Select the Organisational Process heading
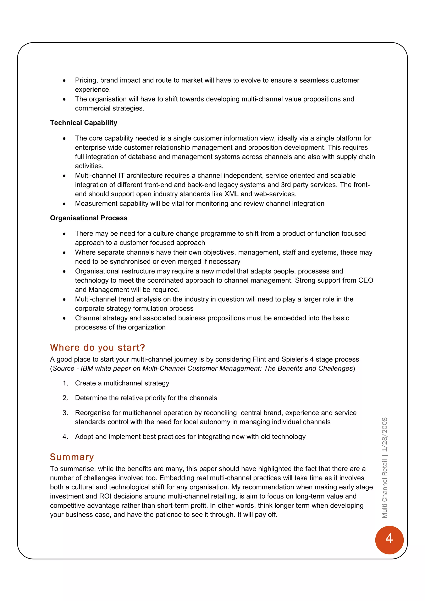click(89, 218)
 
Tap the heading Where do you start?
click(97, 348)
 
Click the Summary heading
click(72, 457)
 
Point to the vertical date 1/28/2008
click(385, 435)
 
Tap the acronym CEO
click(366, 280)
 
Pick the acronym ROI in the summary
click(105, 496)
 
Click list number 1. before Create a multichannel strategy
click(65, 383)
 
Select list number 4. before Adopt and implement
click(65, 437)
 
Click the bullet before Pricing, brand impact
click(64, 81)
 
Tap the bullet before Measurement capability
click(64, 204)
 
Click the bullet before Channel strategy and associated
click(64, 319)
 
